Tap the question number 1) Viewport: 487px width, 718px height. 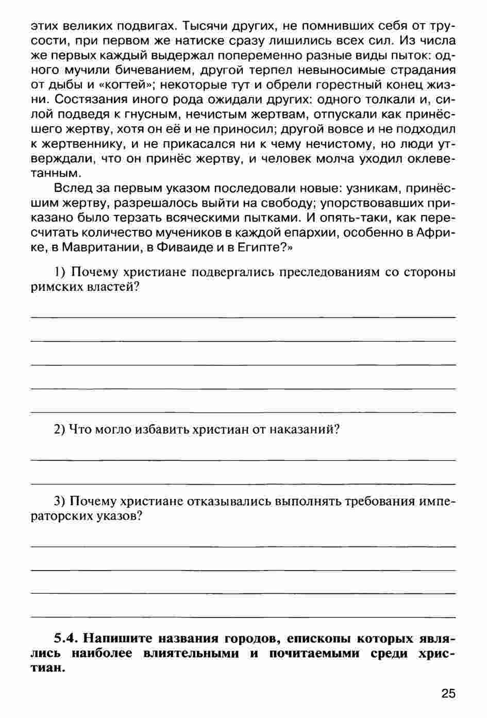click(x=60, y=272)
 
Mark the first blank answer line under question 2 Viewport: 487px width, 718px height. click(x=243, y=459)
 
